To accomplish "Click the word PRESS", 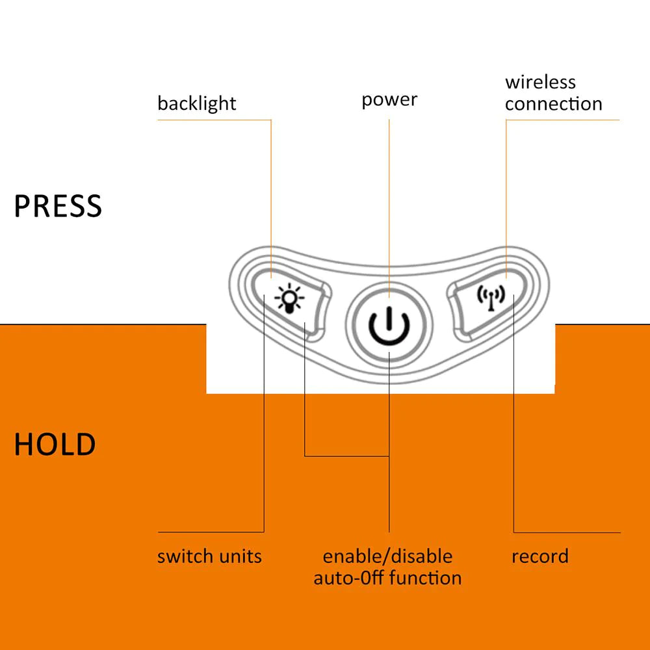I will click(58, 206).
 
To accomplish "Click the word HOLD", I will click(55, 445).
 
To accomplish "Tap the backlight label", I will click(196, 103).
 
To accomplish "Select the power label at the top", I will click(389, 99).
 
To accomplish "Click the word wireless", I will click(540, 83).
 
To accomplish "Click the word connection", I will click(554, 104).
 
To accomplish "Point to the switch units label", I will click(209, 556).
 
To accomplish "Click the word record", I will click(539, 556).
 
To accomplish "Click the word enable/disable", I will click(387, 556).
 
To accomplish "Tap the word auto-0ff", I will click(345, 578).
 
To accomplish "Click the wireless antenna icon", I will click(491, 297).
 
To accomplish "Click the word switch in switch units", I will click(185, 556).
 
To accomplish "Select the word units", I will click(240, 556).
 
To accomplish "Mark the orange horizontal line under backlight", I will click(214, 120).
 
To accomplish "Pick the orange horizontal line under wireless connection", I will click(562, 120).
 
